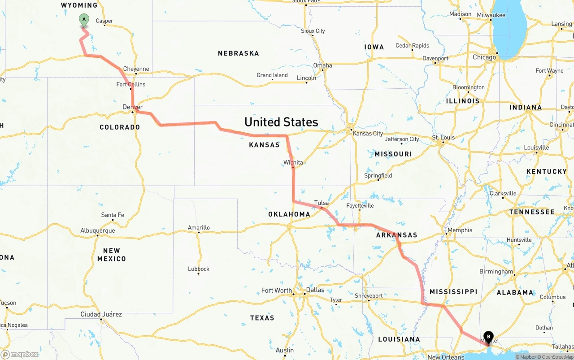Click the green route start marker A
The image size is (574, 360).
[84, 20]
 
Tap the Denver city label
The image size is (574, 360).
[133, 107]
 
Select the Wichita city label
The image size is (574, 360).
[293, 162]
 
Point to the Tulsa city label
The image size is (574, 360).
[322, 203]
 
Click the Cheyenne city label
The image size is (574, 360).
[136, 69]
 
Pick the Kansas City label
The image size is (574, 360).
[368, 133]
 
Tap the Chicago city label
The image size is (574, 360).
[484, 57]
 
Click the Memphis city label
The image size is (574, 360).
[460, 230]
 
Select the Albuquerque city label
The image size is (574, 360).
[97, 230]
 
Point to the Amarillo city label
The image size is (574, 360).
[199, 227]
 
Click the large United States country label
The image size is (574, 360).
[281, 122]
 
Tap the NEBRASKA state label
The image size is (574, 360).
[238, 53]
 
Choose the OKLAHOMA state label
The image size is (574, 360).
[289, 214]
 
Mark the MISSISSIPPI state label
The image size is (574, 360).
[453, 292]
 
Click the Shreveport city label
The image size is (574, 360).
[369, 296]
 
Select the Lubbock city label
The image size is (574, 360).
[199, 269]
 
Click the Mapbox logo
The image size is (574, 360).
[20, 354]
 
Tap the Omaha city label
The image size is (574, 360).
[322, 65]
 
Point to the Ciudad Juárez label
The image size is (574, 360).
[101, 314]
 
